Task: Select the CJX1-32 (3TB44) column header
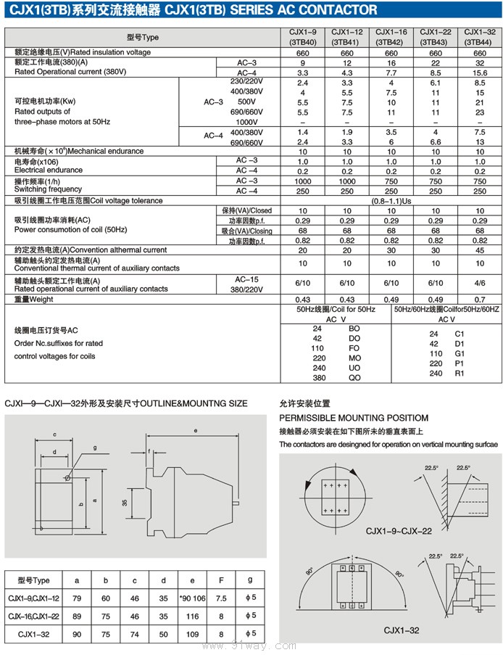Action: (x=479, y=37)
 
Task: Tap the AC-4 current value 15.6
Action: (x=479, y=73)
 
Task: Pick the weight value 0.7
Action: (x=479, y=300)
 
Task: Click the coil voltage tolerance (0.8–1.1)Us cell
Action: (x=391, y=200)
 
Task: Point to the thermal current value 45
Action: (x=479, y=250)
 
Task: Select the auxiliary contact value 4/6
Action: (x=479, y=282)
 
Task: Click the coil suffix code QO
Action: (x=354, y=378)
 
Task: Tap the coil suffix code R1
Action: (x=459, y=374)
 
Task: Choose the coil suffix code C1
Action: (x=459, y=334)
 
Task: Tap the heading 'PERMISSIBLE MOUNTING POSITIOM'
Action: (x=354, y=418)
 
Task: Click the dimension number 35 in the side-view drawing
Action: (x=125, y=503)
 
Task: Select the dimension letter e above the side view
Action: (x=196, y=431)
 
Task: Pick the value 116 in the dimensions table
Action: (x=192, y=615)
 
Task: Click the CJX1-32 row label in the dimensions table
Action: (x=34, y=634)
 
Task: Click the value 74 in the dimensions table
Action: (x=134, y=634)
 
